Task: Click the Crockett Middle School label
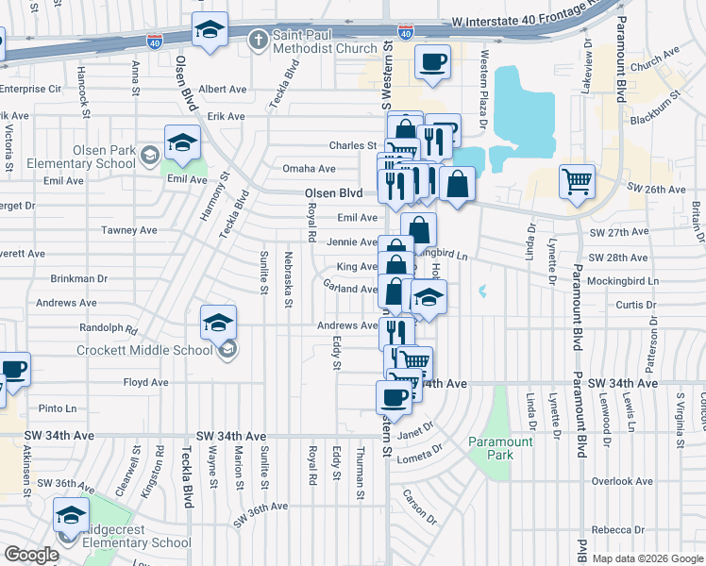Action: (147, 351)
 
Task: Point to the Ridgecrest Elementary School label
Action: (137, 536)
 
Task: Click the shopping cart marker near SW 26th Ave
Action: (577, 181)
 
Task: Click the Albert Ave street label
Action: (222, 89)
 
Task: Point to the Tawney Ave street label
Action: (135, 230)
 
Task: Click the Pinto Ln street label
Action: (59, 408)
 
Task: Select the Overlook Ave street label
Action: (622, 481)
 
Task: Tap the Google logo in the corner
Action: (31, 555)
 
